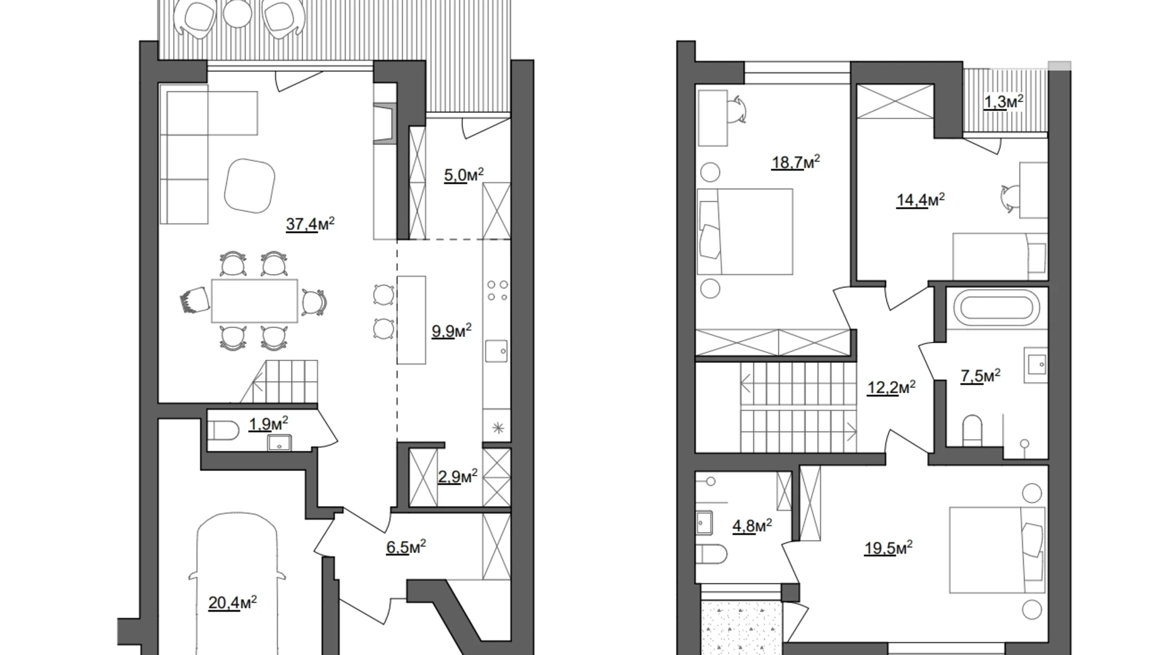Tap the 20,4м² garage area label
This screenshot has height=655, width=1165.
tap(232, 603)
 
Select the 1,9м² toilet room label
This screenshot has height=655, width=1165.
tap(268, 423)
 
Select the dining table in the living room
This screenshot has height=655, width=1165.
tap(254, 301)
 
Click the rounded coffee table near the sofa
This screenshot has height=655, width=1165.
tap(250, 186)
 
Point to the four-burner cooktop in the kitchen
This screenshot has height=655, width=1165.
tap(497, 292)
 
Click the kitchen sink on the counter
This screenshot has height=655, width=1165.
tap(497, 351)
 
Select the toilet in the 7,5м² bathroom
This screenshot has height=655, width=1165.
tap(973, 428)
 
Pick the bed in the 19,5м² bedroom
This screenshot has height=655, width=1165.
tap(996, 550)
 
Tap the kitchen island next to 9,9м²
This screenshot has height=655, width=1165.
tap(411, 319)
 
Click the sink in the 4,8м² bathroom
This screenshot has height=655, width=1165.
tap(705, 521)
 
